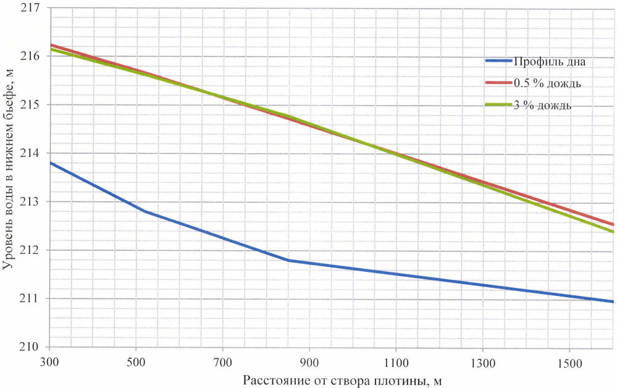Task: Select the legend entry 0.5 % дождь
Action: coord(547,83)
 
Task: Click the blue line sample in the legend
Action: coord(498,61)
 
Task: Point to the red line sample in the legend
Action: coord(498,83)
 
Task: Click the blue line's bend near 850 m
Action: coord(288,260)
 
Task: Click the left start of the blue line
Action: coord(50,162)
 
